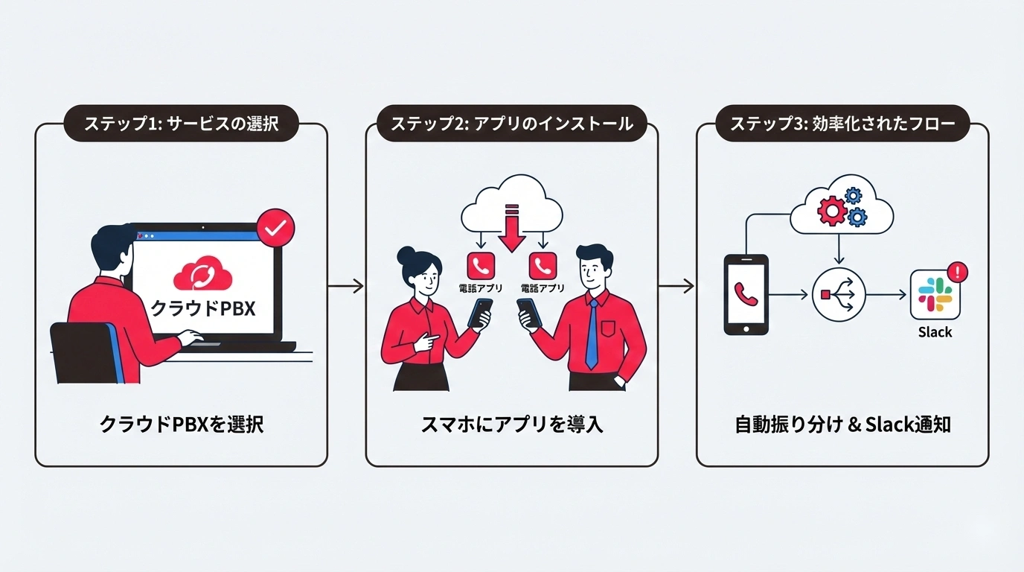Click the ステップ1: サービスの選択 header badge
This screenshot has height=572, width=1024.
(181, 124)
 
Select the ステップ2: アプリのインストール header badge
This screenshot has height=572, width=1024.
(511, 124)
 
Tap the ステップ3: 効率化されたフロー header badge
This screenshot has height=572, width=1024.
(842, 124)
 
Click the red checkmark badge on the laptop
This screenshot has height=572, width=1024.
(275, 229)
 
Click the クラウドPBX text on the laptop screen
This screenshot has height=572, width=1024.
(203, 308)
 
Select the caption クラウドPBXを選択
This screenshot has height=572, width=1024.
(182, 425)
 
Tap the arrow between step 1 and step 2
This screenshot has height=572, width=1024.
(346, 285)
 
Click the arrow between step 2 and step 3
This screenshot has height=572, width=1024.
(676, 285)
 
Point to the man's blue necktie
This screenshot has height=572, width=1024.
(592, 332)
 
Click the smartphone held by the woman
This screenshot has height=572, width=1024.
(481, 313)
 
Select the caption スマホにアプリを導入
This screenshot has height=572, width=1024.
(511, 425)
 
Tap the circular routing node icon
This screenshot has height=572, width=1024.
(839, 295)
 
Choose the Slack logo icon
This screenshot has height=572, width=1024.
(935, 295)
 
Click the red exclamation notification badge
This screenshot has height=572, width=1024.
(959, 272)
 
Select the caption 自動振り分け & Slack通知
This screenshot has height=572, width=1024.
(842, 425)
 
